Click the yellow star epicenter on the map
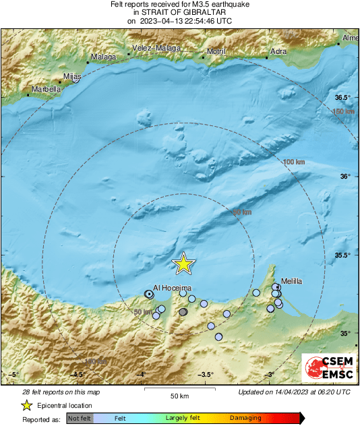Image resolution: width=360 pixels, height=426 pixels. [x=183, y=264]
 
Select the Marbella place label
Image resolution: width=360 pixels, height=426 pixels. [x=45, y=89]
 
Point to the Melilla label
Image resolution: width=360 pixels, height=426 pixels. [x=292, y=280]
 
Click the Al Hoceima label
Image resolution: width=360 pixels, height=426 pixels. [x=173, y=288]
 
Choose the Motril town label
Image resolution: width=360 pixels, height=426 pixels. [x=216, y=51]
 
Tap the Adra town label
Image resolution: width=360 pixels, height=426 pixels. [x=278, y=51]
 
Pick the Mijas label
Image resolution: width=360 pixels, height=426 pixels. [x=71, y=76]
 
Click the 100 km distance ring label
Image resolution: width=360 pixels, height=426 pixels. [x=293, y=162]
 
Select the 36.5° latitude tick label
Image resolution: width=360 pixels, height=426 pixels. [x=345, y=98]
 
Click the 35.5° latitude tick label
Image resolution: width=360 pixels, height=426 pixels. [x=345, y=255]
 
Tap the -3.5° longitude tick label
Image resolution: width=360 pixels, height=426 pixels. [x=206, y=375]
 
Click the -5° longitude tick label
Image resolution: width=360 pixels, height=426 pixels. [x=13, y=375]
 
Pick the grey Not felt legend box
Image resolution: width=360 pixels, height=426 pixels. [x=80, y=418]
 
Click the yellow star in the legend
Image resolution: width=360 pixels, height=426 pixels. [x=26, y=405]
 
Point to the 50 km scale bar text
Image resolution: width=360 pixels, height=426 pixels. [x=179, y=395]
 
